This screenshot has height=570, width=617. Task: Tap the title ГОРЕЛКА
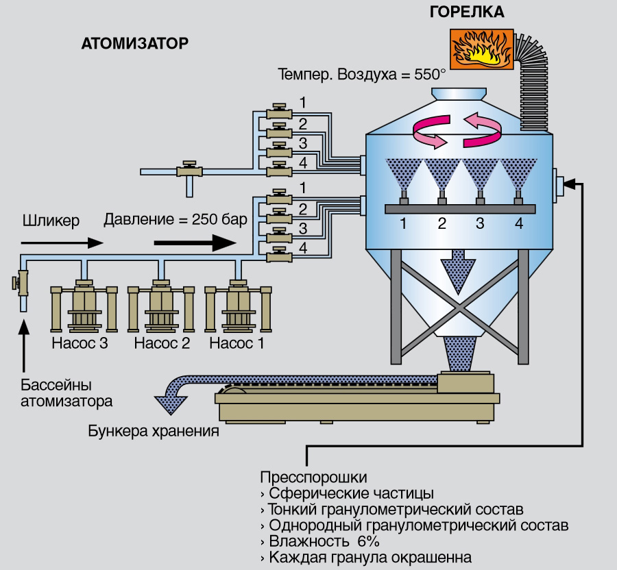coord(466,12)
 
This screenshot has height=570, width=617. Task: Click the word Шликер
coord(51,221)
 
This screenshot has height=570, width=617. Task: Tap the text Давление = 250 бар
coord(175,221)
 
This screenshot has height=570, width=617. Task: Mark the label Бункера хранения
coord(154,432)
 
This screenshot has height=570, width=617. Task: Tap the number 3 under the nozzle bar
coord(480,223)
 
